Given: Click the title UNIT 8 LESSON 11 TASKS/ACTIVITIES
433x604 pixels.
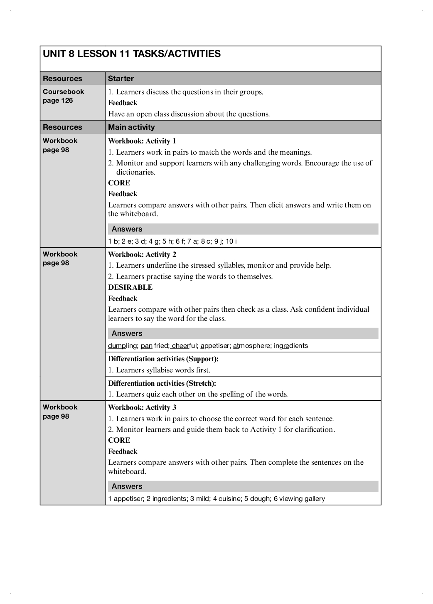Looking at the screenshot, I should (132, 54).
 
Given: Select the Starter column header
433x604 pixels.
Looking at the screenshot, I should (121, 79).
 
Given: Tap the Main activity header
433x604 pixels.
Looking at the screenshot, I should (131, 127).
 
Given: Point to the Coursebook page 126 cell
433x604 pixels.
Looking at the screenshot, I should (63, 96).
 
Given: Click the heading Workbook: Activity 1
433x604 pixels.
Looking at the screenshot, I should (142, 141).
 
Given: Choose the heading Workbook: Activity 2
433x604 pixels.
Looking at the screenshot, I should (142, 254).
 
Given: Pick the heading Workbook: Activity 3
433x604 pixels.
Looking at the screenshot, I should (142, 407).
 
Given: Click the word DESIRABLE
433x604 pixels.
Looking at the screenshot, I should (130, 287).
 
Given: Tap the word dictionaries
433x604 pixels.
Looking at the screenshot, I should (135, 172).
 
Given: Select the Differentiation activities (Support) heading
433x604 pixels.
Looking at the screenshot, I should (163, 359).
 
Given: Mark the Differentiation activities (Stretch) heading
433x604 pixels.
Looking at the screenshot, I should (162, 383).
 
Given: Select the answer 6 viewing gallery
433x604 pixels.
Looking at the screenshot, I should (299, 499).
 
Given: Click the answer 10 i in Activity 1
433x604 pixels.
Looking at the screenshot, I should (231, 242).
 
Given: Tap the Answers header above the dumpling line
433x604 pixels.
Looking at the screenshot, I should (127, 333).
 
